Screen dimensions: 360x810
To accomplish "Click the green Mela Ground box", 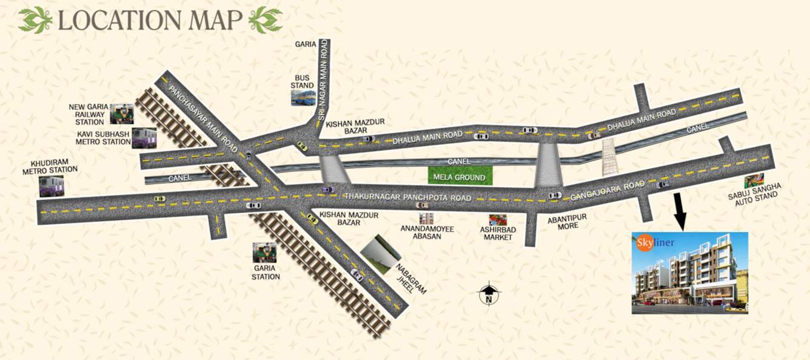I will pyautogui.click(x=460, y=177).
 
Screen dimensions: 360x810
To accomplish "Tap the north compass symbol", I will pyautogui.click(x=489, y=295).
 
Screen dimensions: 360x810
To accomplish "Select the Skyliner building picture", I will pyautogui.click(x=689, y=273).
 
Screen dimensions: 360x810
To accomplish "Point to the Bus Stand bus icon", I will pyautogui.click(x=303, y=98).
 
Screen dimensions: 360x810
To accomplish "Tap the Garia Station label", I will pyautogui.click(x=266, y=272).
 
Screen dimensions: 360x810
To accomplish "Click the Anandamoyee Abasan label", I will pyautogui.click(x=427, y=233).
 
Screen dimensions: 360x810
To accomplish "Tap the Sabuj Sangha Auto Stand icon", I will pyautogui.click(x=754, y=181).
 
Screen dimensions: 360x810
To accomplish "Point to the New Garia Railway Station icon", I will pyautogui.click(x=121, y=113).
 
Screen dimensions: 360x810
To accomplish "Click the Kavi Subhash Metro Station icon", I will pyautogui.click(x=144, y=137).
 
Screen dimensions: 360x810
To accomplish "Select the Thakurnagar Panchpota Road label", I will pyautogui.click(x=407, y=198).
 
